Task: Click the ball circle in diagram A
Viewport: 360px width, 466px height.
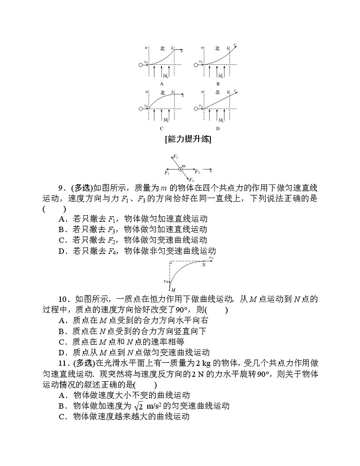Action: pyautogui.click(x=141, y=65)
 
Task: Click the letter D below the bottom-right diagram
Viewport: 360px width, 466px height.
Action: pyautogui.click(x=218, y=128)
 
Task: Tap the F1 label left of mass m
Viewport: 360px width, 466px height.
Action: pyautogui.click(x=166, y=173)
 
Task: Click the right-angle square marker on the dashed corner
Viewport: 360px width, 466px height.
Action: pyautogui.click(x=170, y=262)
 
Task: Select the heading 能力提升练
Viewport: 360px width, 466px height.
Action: pyautogui.click(x=189, y=140)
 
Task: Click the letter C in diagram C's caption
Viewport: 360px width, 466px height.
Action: pyautogui.click(x=161, y=128)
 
